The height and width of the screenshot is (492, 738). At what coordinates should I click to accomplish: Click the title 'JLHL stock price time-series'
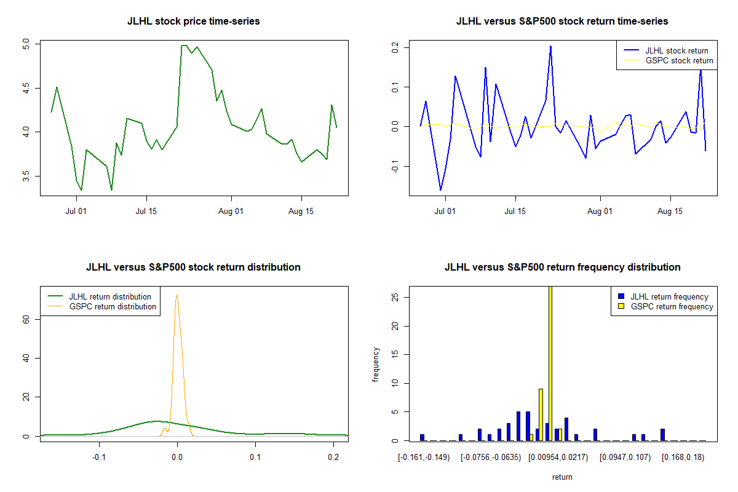193,22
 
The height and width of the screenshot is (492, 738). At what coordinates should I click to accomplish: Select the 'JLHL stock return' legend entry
676,51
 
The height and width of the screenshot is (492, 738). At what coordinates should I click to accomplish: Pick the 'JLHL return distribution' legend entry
110,297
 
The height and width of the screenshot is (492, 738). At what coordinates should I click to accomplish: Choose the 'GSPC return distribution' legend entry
113,306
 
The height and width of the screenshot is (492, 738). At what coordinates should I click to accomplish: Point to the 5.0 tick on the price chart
26,44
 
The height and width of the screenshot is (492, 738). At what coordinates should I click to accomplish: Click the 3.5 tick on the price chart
26,177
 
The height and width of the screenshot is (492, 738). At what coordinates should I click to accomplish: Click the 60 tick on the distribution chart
26,319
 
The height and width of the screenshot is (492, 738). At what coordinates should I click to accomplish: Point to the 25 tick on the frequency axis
395,297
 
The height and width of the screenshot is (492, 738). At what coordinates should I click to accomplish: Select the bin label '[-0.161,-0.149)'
424,458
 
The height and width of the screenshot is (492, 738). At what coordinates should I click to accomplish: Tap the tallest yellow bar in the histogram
550,363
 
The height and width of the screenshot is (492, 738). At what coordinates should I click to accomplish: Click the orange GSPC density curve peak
177,296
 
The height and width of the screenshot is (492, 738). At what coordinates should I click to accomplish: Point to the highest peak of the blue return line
550,46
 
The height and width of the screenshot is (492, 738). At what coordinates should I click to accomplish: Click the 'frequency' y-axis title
376,365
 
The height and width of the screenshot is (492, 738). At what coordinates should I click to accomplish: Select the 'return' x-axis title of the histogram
562,477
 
